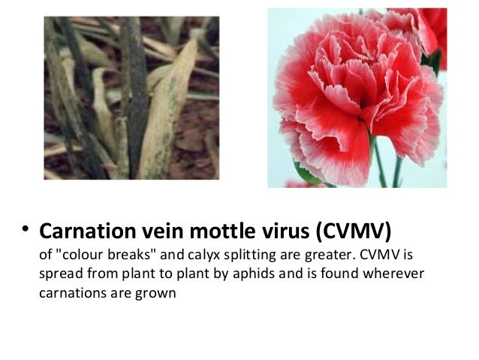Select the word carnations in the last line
68,293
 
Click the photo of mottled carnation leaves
131,98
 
